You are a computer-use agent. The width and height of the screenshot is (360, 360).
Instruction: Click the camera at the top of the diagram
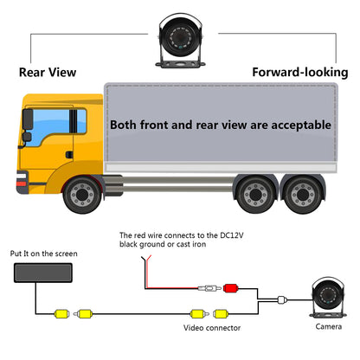pos(180,41)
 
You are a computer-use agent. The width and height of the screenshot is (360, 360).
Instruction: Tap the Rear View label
pos(48,72)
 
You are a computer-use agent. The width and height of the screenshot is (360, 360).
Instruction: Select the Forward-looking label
pos(300,72)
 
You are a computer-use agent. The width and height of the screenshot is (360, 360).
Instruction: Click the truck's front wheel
pos(82,195)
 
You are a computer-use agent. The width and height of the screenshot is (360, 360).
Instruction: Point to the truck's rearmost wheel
pos(303,195)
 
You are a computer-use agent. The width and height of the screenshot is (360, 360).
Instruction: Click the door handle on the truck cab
pos(69,155)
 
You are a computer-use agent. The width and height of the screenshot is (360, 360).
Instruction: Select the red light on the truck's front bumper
pos(22,183)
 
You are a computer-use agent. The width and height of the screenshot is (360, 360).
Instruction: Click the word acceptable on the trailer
pos(301,125)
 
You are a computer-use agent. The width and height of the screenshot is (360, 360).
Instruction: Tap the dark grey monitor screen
pos(43,273)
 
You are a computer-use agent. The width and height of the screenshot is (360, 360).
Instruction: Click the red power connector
pos(230,288)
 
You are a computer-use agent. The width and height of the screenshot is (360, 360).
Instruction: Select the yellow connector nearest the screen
pos(62,313)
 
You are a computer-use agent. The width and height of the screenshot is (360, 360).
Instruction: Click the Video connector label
pos(212,328)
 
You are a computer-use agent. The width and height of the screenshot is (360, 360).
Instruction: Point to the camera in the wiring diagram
pos(328,297)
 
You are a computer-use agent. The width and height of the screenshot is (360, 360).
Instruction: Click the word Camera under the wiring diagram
pos(329,326)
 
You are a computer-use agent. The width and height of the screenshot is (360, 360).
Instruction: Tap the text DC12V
pos(232,235)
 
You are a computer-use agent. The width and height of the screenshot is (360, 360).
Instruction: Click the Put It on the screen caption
pos(44,254)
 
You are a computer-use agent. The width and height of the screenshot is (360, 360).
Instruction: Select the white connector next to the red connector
pos(209,288)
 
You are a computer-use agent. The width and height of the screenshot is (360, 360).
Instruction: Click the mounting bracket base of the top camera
pos(180,64)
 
